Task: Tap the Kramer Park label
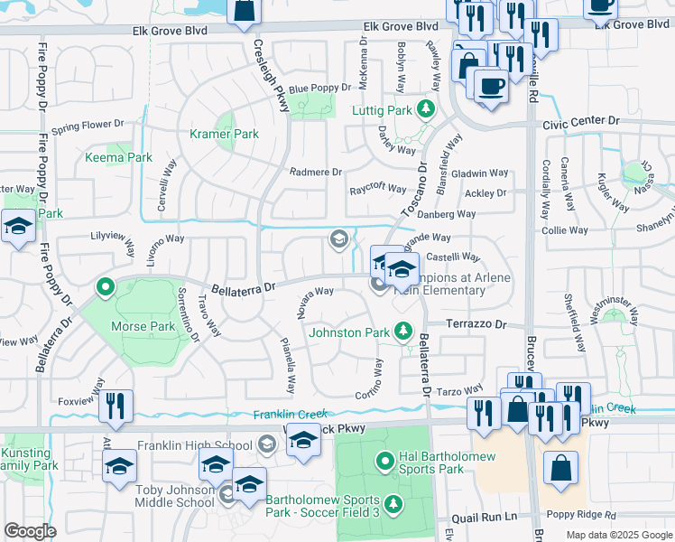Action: pyautogui.click(x=224, y=134)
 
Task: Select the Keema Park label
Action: pyautogui.click(x=118, y=157)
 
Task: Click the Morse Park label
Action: pyautogui.click(x=142, y=325)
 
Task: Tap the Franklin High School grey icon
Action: pyautogui.click(x=266, y=444)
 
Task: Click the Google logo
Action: pyautogui.click(x=30, y=531)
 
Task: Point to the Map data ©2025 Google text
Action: pyautogui.click(x=619, y=535)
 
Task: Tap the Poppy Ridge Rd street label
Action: pyautogui.click(x=579, y=515)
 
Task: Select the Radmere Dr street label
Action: pyautogui.click(x=316, y=171)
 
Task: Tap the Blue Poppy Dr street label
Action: pyautogui.click(x=319, y=88)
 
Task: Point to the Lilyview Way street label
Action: pyautogui.click(x=112, y=244)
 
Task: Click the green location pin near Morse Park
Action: pyautogui.click(x=106, y=288)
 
